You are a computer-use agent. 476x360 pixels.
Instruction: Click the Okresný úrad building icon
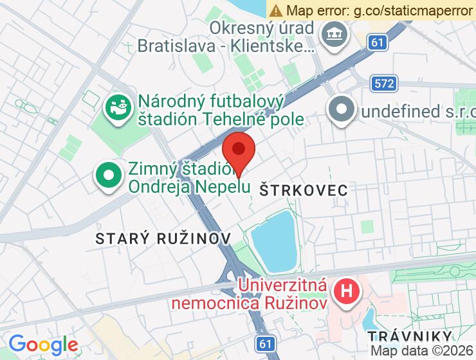pos(334,33)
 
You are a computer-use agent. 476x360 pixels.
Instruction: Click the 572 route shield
pos(384,83)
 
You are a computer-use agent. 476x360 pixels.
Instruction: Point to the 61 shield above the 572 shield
pos(378,42)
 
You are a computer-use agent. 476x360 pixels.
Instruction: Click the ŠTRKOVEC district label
pos(304,190)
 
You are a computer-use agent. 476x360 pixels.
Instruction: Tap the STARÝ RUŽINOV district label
pos(163,239)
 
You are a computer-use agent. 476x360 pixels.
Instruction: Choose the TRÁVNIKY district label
pos(410,336)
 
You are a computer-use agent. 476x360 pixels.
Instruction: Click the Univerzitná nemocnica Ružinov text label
pos(282,292)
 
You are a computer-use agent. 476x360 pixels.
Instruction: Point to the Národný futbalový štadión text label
pos(221,111)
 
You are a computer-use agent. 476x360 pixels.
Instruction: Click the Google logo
pos(43,345)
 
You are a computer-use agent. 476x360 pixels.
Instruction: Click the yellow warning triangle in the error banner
pos(276,10)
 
